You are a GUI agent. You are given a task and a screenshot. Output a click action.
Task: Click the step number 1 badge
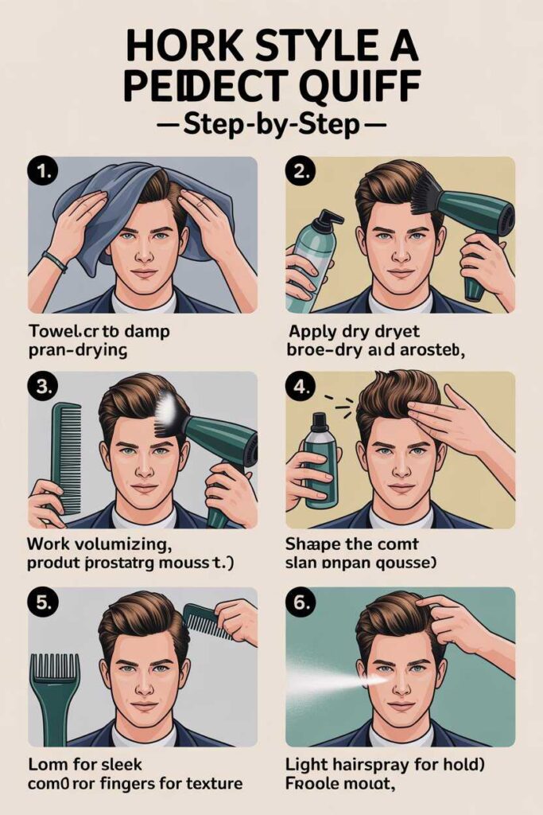coord(41,170)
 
